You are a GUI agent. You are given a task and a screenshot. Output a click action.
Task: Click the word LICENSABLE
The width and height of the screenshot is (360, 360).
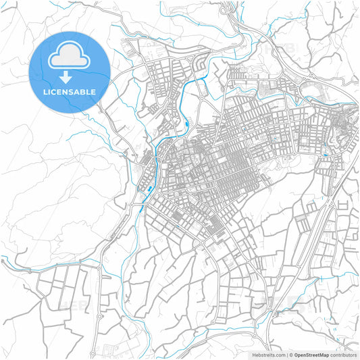click(x=70, y=91)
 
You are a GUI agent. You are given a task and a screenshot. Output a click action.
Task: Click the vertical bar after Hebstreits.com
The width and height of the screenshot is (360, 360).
click(x=286, y=355)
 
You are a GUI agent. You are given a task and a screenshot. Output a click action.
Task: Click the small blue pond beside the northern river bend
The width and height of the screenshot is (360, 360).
click(x=186, y=123)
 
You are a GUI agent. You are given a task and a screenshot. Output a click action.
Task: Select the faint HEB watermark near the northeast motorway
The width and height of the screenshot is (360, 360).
click(x=284, y=51)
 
